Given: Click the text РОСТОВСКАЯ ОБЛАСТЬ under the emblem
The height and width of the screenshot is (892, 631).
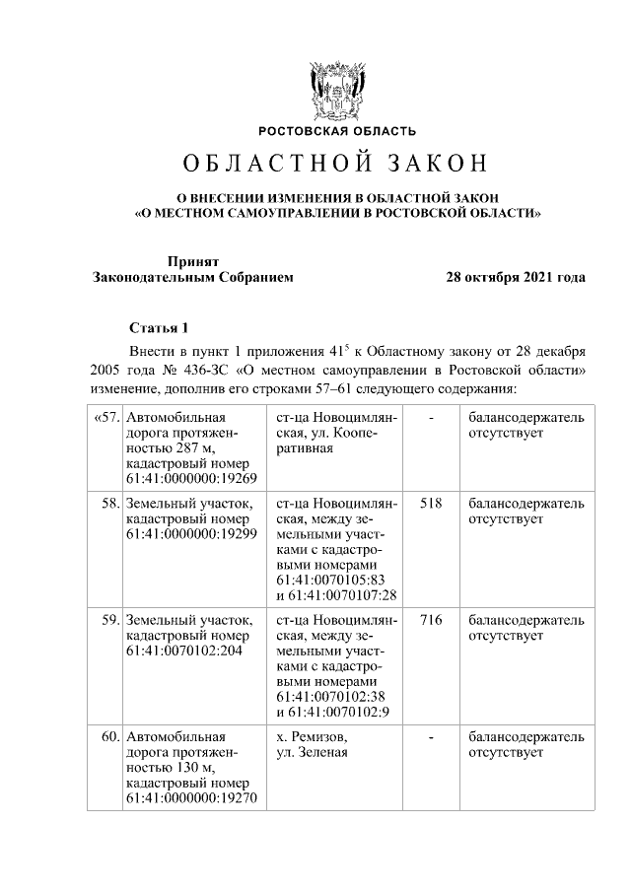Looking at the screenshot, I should coord(337,131).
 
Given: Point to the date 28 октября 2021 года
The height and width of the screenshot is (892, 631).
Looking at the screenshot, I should coord(516,277).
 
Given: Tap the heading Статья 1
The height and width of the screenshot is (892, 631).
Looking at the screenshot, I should coord(158,327).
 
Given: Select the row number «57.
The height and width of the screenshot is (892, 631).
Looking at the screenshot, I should coord(105,417).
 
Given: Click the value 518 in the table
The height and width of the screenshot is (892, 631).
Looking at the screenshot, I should coord(430,503).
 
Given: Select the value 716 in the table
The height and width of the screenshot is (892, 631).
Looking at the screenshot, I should coord(430,620).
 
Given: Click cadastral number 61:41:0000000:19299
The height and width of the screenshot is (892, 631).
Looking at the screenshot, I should coord(191,534).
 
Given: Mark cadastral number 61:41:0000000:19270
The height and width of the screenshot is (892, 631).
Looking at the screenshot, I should coord(191,798).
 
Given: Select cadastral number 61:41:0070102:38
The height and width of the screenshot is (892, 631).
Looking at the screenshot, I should coord(329,697).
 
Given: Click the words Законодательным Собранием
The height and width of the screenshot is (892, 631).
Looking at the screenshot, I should coord(192,277).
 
